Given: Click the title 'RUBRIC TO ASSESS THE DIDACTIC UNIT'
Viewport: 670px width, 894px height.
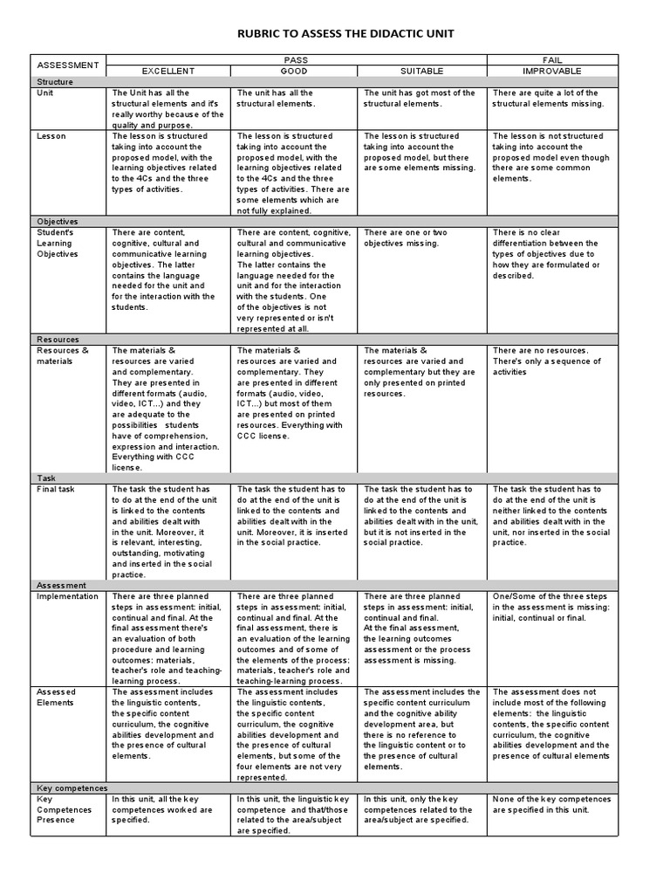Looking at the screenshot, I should point(335,33).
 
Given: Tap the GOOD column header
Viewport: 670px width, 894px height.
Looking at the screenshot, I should point(293,71).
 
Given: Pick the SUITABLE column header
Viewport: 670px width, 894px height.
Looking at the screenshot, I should point(422,71).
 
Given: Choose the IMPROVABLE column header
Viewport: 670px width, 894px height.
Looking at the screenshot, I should point(551,71).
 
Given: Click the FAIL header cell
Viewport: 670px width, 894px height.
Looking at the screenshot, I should point(551,60).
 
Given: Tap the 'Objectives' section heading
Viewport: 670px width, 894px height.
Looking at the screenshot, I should point(58,222).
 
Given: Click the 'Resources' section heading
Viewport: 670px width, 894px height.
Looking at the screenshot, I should point(58,340).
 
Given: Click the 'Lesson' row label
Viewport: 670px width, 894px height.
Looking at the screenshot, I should point(50,137).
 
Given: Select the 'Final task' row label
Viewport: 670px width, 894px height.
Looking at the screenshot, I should point(56,490).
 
